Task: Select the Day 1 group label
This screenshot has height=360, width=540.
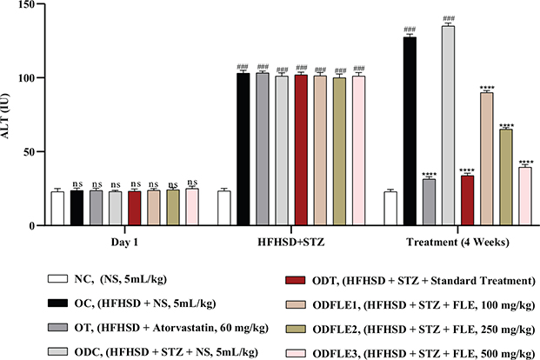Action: (x=127, y=240)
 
